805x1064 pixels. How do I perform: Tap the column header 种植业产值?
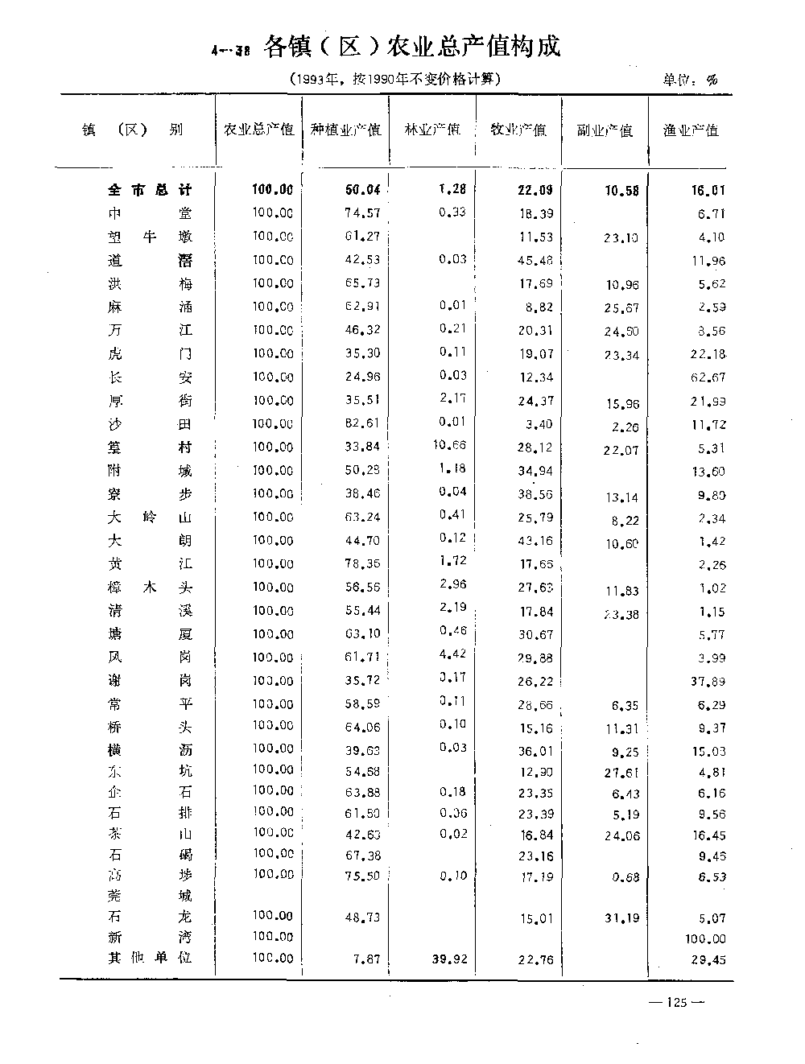(x=346, y=130)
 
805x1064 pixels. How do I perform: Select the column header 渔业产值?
(x=690, y=130)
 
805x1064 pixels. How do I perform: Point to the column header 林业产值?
(x=432, y=130)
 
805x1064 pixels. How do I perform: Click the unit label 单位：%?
(x=690, y=79)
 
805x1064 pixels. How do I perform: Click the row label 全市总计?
(x=151, y=191)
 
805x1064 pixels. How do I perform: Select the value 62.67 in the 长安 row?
(x=708, y=377)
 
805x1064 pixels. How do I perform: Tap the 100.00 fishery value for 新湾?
(x=705, y=938)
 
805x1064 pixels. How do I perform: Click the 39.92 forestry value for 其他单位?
(x=449, y=959)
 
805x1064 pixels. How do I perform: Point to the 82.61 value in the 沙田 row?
(x=362, y=423)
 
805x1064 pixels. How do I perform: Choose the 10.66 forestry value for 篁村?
(x=449, y=445)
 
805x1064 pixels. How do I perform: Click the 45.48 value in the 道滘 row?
(x=535, y=260)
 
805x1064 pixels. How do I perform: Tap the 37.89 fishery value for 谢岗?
(x=708, y=682)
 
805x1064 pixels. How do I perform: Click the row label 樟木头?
(x=151, y=588)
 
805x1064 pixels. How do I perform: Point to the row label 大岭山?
(x=151, y=518)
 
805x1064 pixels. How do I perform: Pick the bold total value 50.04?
(x=362, y=191)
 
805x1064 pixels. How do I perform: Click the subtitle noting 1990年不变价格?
(x=394, y=79)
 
